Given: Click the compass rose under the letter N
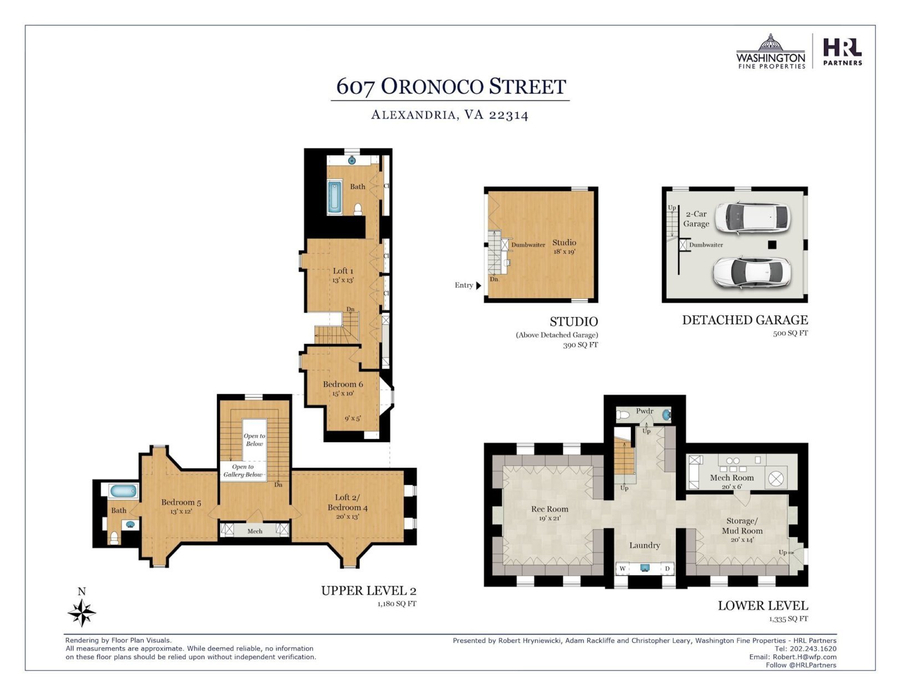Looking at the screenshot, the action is (x=82, y=612).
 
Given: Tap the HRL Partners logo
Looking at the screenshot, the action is (x=842, y=52).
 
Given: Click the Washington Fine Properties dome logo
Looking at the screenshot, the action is (x=770, y=52).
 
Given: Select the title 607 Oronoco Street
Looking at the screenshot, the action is (x=451, y=86).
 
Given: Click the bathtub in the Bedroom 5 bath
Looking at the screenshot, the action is (x=124, y=492).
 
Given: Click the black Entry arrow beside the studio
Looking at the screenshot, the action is (x=479, y=285).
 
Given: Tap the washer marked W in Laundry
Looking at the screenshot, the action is (x=623, y=569).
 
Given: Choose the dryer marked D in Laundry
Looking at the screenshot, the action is (x=667, y=569).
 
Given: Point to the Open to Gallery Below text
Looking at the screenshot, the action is (x=243, y=471).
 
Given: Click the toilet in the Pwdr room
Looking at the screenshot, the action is (x=623, y=415).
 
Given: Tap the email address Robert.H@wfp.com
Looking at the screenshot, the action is (x=804, y=657).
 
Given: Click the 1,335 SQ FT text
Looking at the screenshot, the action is (x=789, y=619).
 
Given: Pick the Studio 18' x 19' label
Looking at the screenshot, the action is (x=564, y=246).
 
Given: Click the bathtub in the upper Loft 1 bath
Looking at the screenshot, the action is (x=334, y=197).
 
